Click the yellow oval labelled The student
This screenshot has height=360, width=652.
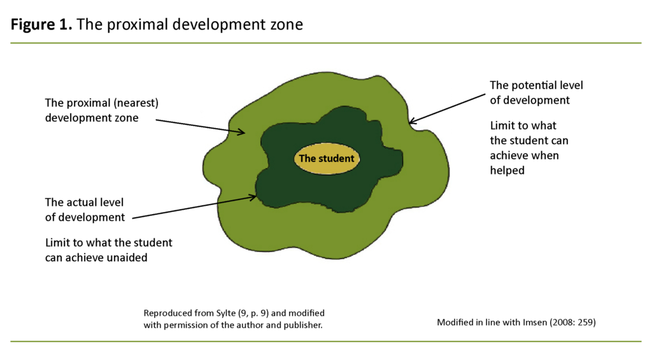point(326,159)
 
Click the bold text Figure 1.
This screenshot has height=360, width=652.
point(42,25)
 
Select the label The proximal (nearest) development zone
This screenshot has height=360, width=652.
point(101,110)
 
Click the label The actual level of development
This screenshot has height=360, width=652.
point(85,210)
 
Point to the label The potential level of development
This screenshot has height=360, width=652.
point(536,92)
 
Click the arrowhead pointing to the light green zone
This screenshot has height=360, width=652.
point(243,133)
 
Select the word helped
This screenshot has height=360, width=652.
point(507,170)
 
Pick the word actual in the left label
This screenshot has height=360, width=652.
point(81,202)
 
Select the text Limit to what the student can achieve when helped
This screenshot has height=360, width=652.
point(529,148)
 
